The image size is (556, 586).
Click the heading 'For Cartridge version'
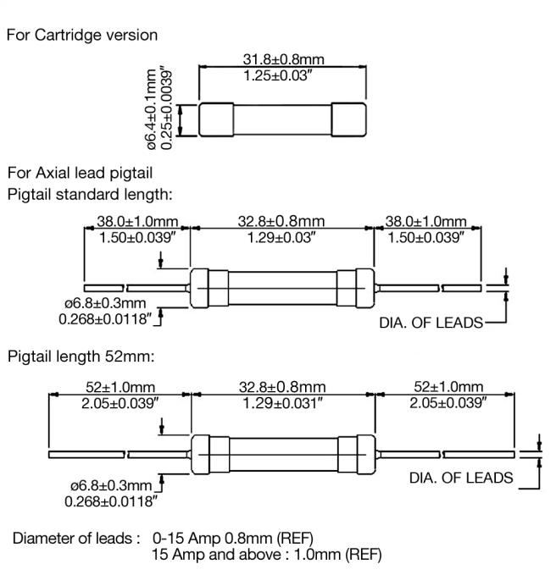click(x=82, y=35)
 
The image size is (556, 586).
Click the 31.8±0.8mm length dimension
click(x=283, y=59)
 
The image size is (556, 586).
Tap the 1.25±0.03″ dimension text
click(x=278, y=75)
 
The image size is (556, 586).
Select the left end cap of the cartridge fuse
click(x=216, y=119)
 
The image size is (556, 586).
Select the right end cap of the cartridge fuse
click(x=348, y=119)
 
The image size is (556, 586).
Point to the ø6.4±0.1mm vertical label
click(x=152, y=109)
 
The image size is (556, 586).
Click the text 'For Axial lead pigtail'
click(x=80, y=173)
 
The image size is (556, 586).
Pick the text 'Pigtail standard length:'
click(x=90, y=195)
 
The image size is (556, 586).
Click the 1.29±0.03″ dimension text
click(x=281, y=238)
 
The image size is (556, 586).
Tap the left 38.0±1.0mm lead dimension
click(x=137, y=222)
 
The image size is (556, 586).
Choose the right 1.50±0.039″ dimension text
click(x=425, y=238)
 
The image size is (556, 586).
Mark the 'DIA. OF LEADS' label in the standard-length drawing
click(x=431, y=323)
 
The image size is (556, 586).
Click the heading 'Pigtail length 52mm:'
click(x=81, y=357)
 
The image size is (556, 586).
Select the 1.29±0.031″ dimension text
click(x=282, y=404)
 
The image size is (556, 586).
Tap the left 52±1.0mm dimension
click(x=120, y=387)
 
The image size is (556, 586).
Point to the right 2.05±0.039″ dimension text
click(x=448, y=403)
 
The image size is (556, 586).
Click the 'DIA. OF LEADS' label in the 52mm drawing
click(x=461, y=478)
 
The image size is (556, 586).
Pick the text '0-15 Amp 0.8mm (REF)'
click(x=233, y=539)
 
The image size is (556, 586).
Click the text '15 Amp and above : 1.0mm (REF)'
click(x=266, y=555)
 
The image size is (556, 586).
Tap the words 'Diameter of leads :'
click(x=76, y=539)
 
